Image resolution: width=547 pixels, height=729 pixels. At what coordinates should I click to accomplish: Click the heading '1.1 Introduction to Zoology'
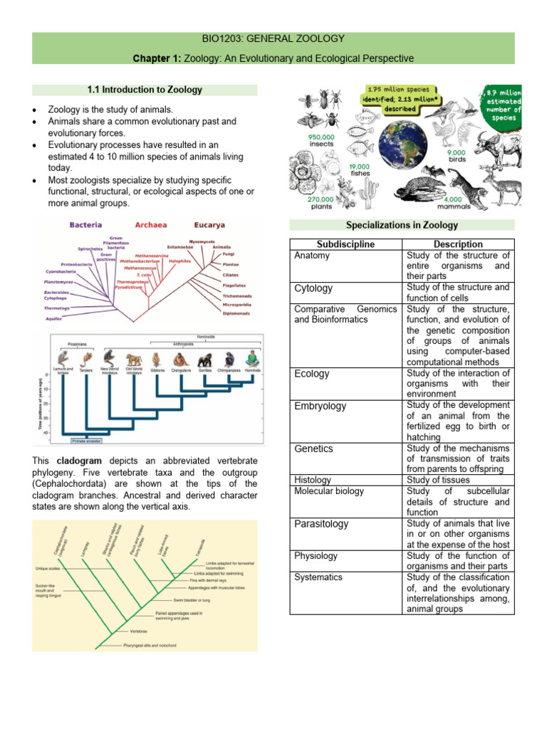click(x=145, y=90)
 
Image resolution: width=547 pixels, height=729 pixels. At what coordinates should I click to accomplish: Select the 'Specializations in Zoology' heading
click(x=402, y=225)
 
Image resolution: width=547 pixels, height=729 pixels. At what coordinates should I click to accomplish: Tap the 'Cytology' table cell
click(x=313, y=288)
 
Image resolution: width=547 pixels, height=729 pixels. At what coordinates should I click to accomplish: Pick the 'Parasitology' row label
click(x=321, y=523)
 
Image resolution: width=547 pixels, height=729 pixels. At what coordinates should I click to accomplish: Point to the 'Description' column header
click(x=457, y=244)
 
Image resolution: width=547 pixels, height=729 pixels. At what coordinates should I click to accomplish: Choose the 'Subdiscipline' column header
click(x=345, y=244)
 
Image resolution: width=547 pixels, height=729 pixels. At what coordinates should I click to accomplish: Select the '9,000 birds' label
click(x=458, y=157)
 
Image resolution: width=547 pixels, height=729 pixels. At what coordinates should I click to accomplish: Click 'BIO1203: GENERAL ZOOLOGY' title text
click(x=273, y=38)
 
